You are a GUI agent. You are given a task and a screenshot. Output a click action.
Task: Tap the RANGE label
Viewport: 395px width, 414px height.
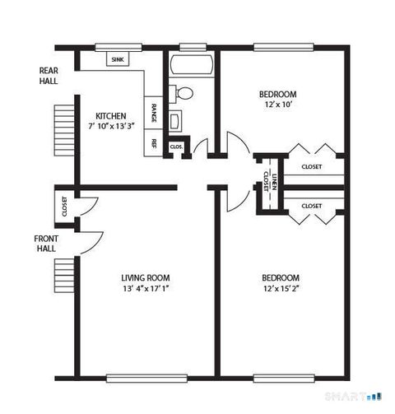[154, 112]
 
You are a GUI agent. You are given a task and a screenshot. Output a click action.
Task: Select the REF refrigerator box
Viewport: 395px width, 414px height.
[154, 142]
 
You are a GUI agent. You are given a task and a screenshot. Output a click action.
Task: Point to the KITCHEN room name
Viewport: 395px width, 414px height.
[110, 115]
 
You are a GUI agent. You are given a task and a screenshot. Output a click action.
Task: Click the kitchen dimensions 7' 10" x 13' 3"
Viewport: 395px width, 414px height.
[110, 126]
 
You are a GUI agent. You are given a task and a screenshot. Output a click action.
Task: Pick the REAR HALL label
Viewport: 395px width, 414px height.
[49, 76]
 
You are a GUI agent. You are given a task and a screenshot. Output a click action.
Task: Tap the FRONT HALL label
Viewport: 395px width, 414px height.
[46, 244]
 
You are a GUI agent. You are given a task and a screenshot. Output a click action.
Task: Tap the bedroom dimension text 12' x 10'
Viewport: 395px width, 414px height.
[277, 105]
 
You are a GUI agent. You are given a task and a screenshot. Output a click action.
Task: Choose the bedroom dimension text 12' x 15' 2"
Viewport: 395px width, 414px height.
[280, 288]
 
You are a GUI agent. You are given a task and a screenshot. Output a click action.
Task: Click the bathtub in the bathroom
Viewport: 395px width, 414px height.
[191, 64]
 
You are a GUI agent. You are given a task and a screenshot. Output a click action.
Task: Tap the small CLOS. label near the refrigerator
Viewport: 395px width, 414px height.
[176, 147]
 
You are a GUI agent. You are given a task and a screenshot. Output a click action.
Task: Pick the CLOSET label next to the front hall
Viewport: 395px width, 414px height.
[64, 207]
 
